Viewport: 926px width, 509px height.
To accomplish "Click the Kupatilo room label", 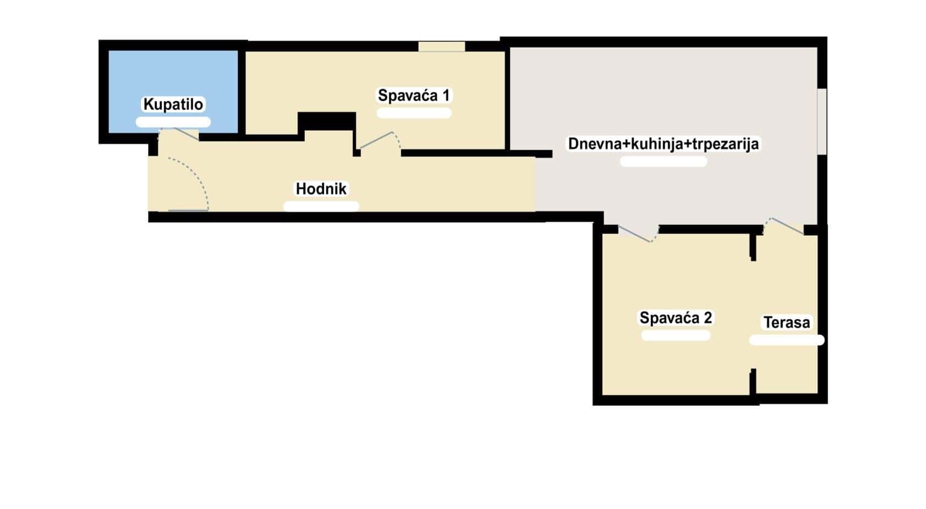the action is coord(173,104).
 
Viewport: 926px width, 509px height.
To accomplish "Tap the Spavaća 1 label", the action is coord(414,96).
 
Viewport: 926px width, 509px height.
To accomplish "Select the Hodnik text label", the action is coord(321,189).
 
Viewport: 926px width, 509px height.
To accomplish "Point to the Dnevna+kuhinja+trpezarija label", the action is coord(664,144).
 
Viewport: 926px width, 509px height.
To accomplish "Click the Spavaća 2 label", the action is coord(676,318).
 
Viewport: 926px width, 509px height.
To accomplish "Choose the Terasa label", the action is coord(787,323).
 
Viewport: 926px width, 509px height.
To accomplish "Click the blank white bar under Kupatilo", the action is coord(173,122).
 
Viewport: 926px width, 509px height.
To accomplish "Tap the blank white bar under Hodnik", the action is coord(321,206).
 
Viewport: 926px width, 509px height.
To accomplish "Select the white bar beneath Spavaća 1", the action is coord(414,113).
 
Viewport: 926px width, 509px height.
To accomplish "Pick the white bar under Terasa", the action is coord(787,340).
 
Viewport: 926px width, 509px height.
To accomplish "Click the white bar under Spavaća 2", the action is coord(676,335).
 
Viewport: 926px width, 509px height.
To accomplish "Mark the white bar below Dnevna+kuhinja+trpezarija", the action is coord(664,162).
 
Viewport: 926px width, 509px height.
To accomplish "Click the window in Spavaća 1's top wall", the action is coord(441,46).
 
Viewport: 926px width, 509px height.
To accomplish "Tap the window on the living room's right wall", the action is coord(822,122).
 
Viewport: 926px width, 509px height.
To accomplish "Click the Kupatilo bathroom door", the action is coord(179,134).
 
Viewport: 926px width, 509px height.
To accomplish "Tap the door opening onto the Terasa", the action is coord(783,225).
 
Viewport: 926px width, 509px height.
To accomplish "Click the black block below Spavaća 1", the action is coord(327,121).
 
